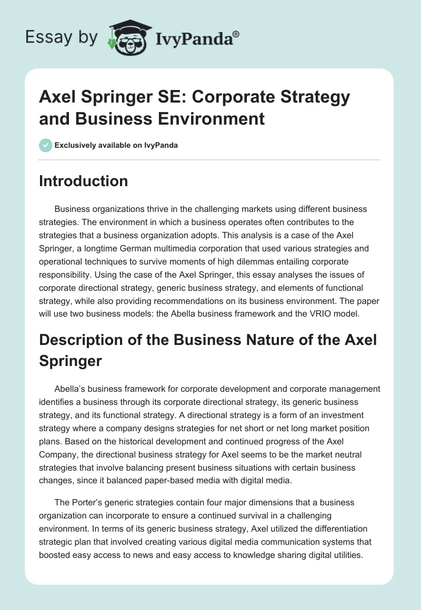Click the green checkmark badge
(46, 145)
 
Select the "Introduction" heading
(84, 181)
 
